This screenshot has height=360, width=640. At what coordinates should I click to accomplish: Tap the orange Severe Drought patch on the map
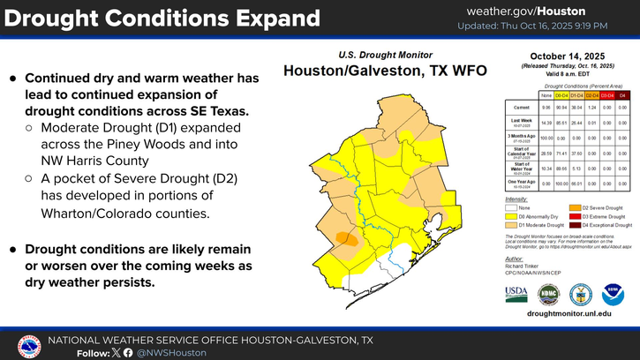click(x=346, y=237)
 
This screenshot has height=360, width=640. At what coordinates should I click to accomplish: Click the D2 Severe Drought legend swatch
click(x=569, y=206)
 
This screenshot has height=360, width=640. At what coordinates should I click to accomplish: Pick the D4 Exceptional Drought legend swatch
click(x=569, y=225)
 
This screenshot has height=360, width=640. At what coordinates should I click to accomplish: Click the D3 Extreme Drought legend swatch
click(x=569, y=216)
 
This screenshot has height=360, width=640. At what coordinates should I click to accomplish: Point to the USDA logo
click(x=516, y=294)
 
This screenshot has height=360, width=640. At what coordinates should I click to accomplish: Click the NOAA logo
click(x=613, y=294)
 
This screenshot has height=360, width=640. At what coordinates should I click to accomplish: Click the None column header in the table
click(x=546, y=94)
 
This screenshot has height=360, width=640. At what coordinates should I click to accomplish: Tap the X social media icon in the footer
click(x=116, y=353)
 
